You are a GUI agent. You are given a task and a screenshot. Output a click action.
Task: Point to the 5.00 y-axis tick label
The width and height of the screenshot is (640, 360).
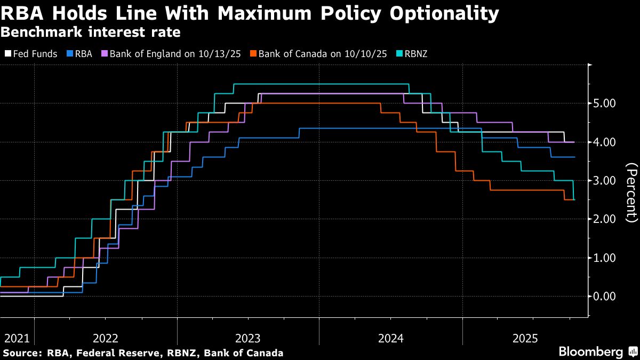click(605, 103)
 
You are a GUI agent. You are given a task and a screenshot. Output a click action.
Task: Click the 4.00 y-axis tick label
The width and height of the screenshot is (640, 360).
click(605, 142)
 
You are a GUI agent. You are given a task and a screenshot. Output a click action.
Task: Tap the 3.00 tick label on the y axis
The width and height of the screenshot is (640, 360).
click(605, 181)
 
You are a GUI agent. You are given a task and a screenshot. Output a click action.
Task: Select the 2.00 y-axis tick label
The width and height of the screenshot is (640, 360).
click(605, 219)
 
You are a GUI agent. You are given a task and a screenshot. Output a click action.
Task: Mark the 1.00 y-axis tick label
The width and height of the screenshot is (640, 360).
click(605, 258)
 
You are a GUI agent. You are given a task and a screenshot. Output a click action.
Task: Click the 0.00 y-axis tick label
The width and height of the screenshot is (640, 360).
click(605, 297)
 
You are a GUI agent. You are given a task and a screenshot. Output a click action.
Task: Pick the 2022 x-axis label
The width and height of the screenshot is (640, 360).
click(106, 338)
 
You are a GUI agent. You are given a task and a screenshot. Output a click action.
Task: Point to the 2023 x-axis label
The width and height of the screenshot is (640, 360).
click(248, 338)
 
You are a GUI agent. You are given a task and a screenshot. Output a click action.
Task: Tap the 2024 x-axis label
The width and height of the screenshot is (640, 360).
click(391, 338)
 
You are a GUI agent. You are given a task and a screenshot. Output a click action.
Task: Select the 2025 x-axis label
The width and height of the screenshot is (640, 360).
click(525, 338)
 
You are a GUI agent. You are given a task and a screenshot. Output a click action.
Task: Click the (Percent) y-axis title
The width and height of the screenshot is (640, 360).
click(631, 193)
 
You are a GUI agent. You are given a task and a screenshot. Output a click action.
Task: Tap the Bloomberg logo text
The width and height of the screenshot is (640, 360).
click(590, 351)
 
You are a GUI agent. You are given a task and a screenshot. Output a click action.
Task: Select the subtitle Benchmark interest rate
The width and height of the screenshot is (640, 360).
click(90, 32)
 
